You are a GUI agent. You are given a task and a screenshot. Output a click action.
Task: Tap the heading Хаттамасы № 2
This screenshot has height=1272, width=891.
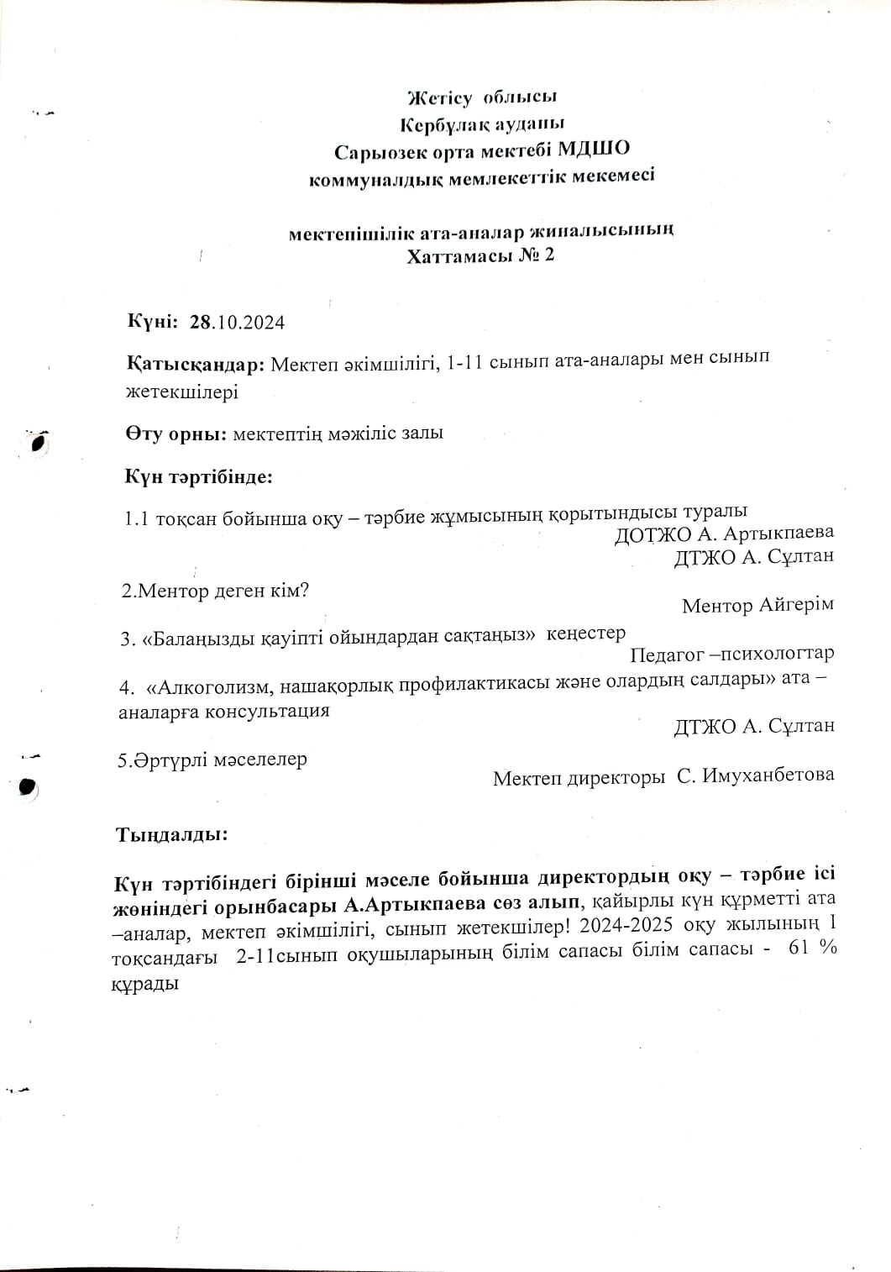480,255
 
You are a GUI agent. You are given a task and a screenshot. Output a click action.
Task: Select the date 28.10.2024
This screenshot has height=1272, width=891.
238,322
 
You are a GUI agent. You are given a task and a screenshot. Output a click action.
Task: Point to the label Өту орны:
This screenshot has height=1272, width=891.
176,434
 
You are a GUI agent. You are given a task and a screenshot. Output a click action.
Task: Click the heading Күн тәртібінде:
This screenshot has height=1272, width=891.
199,477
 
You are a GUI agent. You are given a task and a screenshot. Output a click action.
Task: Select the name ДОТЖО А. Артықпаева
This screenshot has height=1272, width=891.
724,534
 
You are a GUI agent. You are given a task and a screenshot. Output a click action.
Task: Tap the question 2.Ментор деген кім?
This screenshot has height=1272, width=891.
216,591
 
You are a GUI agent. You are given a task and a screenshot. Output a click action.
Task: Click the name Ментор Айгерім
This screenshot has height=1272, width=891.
757,605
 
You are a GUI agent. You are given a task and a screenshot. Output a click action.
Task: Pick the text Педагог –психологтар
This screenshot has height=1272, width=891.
731,653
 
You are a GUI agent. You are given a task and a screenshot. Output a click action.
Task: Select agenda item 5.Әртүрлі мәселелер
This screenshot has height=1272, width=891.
213,760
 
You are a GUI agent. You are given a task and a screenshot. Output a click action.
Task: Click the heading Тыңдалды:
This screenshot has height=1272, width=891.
171,835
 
